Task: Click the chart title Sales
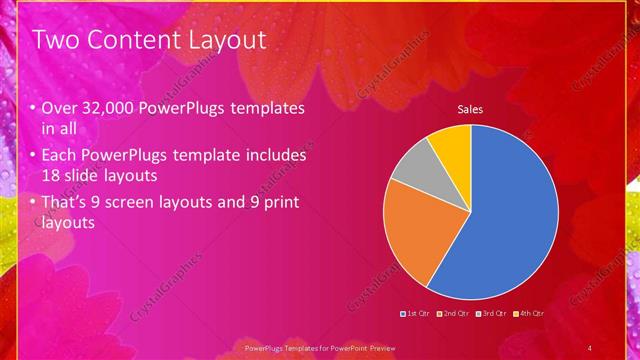471,109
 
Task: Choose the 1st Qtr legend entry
416,315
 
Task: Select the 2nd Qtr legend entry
454,315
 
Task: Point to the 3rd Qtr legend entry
492,315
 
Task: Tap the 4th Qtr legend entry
530,315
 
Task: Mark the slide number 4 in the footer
590,347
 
